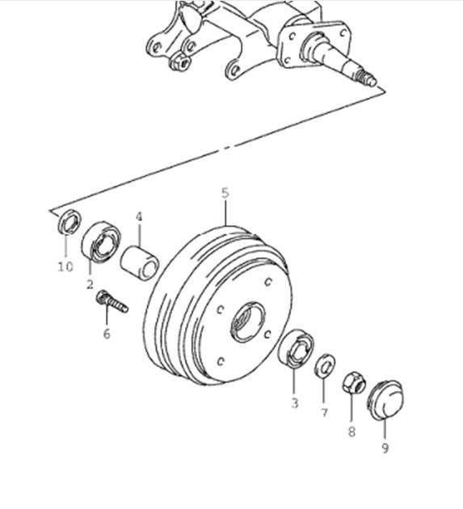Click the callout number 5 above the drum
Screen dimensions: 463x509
(x=225, y=193)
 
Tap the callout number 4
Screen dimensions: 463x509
(x=139, y=217)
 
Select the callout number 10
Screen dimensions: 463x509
(x=65, y=267)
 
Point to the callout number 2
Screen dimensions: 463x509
(x=90, y=284)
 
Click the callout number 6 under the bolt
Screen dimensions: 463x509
(x=107, y=334)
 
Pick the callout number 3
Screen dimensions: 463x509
(x=294, y=403)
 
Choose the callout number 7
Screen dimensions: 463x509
(x=324, y=413)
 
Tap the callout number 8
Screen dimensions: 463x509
(x=351, y=431)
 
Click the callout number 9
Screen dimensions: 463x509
(x=385, y=448)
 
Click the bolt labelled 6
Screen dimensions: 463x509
(x=112, y=301)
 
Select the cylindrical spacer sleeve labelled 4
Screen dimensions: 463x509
(x=140, y=263)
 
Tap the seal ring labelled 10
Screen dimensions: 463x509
(x=69, y=222)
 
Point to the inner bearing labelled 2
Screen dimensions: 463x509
(x=101, y=242)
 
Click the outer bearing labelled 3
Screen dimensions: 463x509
(x=296, y=348)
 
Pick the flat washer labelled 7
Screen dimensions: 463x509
(x=325, y=366)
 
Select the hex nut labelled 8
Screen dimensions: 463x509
(x=354, y=383)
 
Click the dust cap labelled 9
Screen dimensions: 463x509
(x=386, y=401)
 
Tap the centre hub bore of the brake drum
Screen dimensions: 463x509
(x=248, y=322)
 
